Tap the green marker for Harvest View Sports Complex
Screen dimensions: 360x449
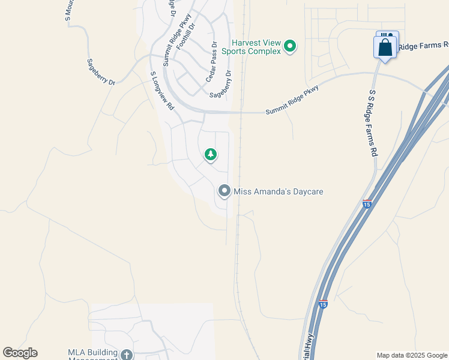coord(290,46)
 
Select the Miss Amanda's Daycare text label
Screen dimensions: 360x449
coord(279,191)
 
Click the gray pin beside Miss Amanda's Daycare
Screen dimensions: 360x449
coord(224,191)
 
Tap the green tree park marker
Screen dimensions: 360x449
coord(210,155)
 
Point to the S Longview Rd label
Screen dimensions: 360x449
coord(162,91)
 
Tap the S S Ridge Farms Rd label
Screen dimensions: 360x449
coord(372,123)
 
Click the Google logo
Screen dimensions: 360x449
coord(20,353)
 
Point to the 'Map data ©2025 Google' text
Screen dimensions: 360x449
coord(412,355)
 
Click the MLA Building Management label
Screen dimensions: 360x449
coord(92,355)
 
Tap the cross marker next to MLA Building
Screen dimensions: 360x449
coord(126,355)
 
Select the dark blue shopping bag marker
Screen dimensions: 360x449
coord(385,48)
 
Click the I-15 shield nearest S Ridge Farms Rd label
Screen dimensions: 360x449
coord(367,204)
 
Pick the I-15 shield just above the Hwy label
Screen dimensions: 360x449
coord(324,305)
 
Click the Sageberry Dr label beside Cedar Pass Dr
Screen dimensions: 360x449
coord(221,84)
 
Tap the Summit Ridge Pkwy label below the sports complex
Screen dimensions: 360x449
coord(292,99)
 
